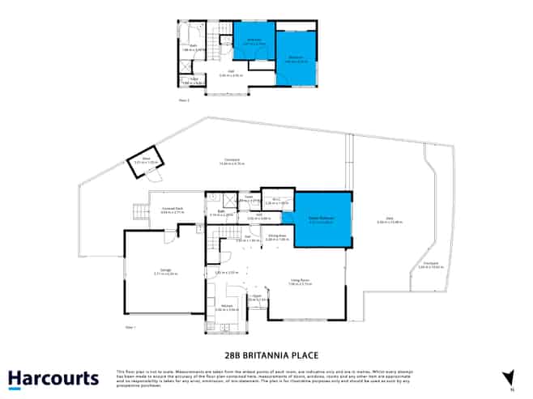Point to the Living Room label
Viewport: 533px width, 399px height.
pos(301,282)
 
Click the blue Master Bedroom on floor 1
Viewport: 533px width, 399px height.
pos(322,221)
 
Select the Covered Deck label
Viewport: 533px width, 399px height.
pos(173,210)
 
